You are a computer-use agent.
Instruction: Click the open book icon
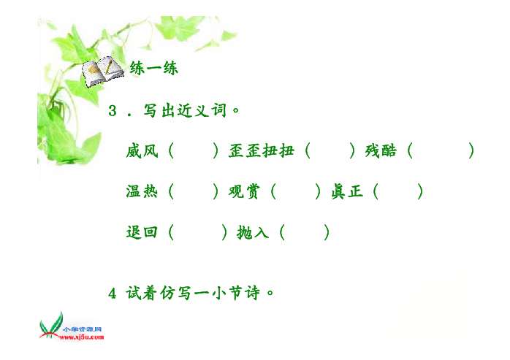102,72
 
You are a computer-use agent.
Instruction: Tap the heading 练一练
154,68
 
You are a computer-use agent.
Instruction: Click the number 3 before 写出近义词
113,110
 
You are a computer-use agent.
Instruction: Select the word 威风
142,151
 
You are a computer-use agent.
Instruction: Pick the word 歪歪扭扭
261,151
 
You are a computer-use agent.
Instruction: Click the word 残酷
381,151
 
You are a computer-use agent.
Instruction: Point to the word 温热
142,191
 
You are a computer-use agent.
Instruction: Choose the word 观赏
244,191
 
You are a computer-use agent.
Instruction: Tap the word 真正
347,191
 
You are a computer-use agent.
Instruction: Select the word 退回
142,232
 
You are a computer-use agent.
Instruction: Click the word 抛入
253,232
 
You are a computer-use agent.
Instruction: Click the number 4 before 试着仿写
113,294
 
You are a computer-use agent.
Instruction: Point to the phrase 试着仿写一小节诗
193,293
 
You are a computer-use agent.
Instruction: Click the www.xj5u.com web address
81,337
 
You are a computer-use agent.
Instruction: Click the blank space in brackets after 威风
194,151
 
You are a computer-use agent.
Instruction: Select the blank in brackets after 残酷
441,151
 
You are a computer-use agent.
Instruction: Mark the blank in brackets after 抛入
305,232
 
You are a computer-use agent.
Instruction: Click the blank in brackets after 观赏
296,191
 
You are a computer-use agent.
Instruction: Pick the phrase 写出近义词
185,110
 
